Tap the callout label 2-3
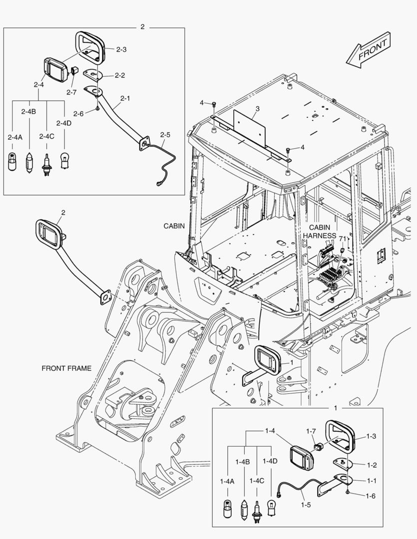[x=121, y=49]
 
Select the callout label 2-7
[x=71, y=92]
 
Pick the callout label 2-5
[x=165, y=135]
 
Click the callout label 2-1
[x=125, y=98]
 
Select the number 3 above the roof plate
[x=257, y=108]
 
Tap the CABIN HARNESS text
[x=322, y=231]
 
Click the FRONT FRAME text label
[x=66, y=368]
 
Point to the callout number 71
[x=342, y=239]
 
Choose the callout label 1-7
[x=311, y=431]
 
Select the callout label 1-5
[x=306, y=505]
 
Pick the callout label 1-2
[x=371, y=465]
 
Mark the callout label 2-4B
[x=28, y=111]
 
